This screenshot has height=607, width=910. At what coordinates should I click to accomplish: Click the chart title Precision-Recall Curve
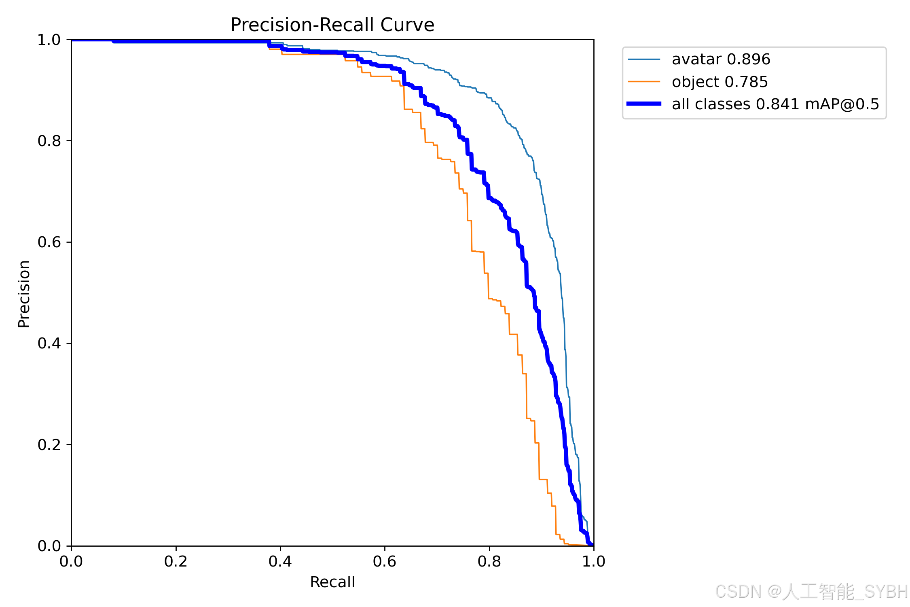pos(332,25)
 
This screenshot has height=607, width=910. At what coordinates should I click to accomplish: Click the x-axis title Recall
pos(332,582)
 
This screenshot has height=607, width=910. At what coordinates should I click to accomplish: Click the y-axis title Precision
pos(24,293)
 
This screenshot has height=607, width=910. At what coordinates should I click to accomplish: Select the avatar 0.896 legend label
pos(721,59)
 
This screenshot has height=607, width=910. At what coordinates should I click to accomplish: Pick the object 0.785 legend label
pos(720,82)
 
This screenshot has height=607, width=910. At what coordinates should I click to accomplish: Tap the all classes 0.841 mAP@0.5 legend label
pos(775,104)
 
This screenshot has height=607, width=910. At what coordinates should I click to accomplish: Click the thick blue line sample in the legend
pos(644,104)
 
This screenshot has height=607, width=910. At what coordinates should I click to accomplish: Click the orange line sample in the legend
pos(644,82)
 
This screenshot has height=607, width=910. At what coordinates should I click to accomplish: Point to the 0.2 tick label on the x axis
pos(176,561)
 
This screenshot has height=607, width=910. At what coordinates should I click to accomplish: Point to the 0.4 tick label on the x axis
pos(280,561)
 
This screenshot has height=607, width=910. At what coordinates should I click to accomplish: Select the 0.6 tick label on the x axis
pos(384,561)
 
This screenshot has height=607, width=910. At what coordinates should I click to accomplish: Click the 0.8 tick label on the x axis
pos(489,561)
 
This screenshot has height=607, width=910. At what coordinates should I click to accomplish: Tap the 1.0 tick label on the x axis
pos(593,561)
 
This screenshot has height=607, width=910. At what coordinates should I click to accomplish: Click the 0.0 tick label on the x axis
pos(71,561)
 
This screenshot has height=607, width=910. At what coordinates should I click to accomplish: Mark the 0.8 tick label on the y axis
pos(49,141)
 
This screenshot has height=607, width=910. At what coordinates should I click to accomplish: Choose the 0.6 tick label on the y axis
pos(49,242)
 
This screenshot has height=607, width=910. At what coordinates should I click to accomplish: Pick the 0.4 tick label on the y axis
pos(49,343)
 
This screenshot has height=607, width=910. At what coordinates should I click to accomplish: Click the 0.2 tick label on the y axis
pos(49,445)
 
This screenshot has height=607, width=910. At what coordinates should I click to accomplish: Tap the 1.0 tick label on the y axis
pos(49,40)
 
